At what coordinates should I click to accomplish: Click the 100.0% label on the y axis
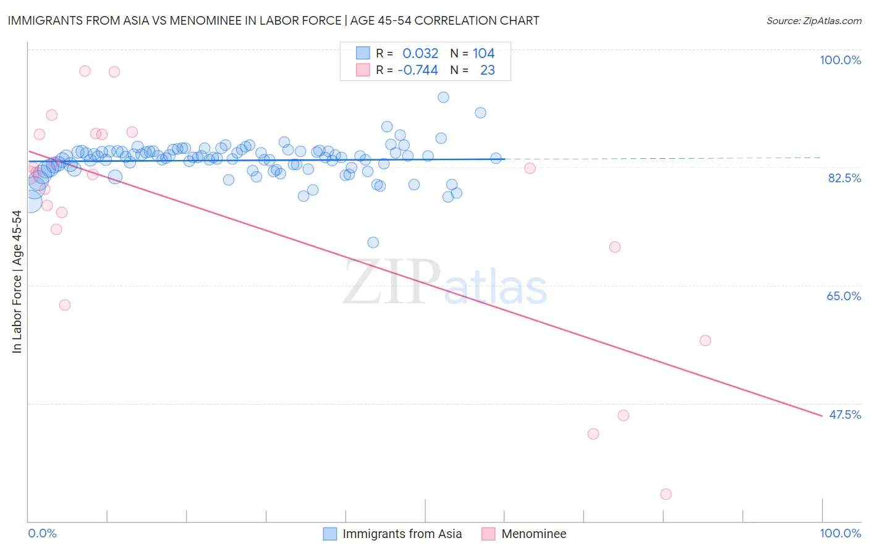[840, 60]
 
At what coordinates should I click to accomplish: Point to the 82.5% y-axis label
[844, 178]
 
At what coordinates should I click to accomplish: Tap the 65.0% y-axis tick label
[844, 296]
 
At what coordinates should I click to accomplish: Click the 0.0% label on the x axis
[42, 533]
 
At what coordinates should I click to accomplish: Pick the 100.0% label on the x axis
[840, 533]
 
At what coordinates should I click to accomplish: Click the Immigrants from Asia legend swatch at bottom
[331, 534]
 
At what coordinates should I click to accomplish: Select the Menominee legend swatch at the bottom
[489, 534]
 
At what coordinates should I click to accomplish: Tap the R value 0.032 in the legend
[420, 54]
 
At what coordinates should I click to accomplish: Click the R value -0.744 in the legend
[418, 70]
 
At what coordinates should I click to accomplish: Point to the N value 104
[483, 54]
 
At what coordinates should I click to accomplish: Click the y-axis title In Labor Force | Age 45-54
[17, 282]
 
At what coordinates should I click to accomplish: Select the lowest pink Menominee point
[666, 494]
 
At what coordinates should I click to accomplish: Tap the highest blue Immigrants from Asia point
[443, 97]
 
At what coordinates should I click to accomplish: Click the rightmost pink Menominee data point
[705, 340]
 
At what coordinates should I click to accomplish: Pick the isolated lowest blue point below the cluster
[373, 242]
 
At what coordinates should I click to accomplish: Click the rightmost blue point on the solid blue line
[496, 158]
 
